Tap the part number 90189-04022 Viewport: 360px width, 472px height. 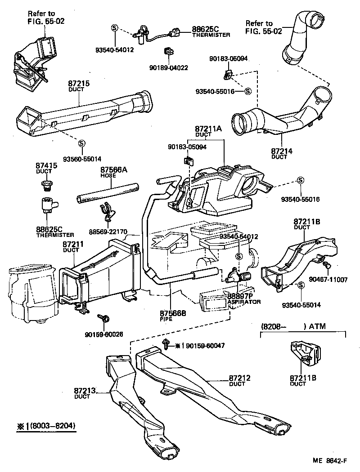coord(168,68)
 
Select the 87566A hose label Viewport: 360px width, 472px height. coord(114,170)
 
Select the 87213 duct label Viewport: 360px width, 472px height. coord(85,392)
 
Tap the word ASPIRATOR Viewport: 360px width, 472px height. coord(244,302)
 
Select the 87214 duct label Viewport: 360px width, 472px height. coord(282,151)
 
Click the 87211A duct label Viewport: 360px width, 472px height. coord(208,129)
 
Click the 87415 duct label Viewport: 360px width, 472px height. coord(46,166)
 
